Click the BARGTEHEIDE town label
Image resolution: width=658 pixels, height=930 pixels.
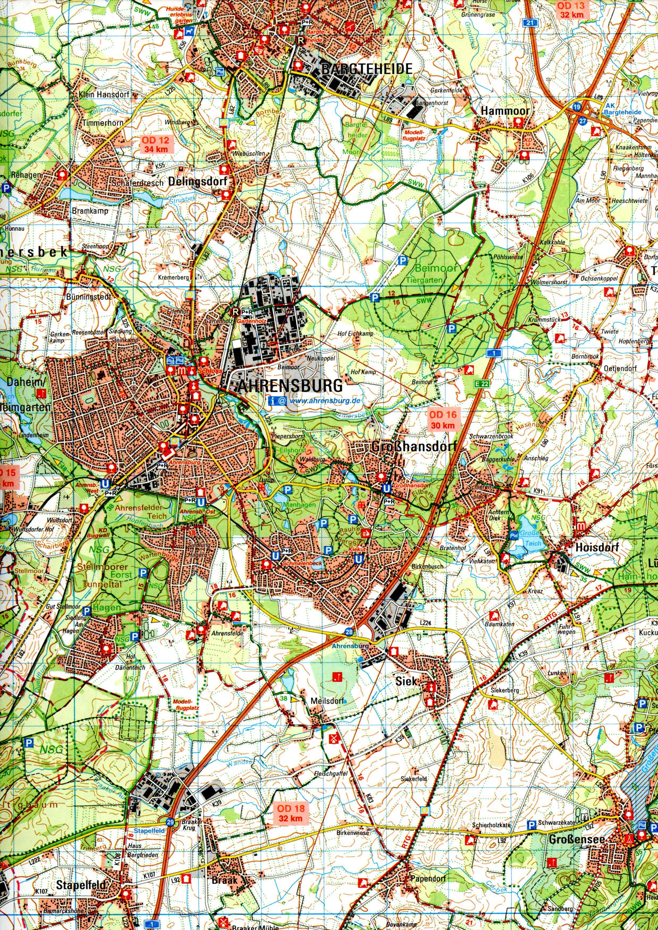point(367,69)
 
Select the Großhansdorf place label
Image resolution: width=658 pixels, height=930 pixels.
point(414,446)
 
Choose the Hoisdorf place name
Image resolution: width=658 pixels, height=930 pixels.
point(597,548)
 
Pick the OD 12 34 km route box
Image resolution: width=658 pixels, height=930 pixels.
point(157,145)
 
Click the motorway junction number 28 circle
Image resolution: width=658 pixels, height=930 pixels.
point(349,632)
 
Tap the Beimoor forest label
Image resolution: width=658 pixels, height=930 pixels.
point(436,268)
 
